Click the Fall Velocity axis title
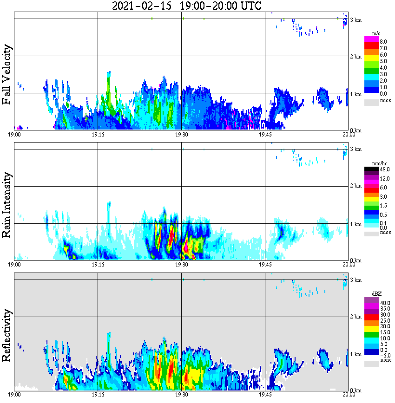(7, 75)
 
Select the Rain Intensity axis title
(7, 205)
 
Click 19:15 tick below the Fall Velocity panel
(98, 135)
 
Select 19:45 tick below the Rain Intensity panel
(265, 265)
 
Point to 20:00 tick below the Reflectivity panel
(349, 395)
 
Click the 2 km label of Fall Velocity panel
(355, 57)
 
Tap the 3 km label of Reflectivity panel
(355, 280)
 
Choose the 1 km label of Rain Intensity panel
(355, 224)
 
